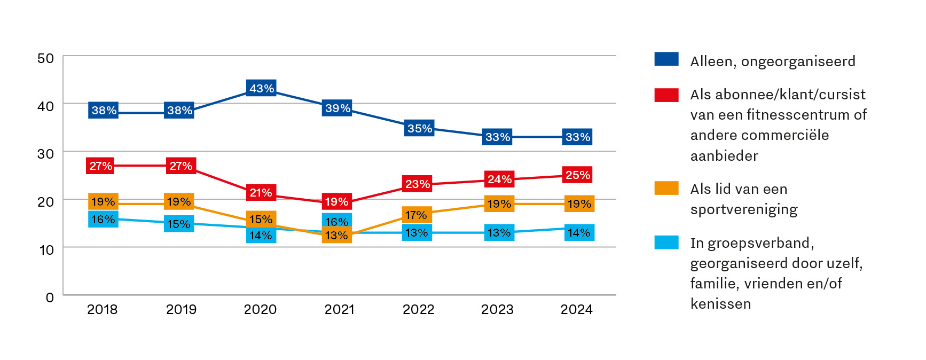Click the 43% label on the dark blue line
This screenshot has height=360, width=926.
click(261, 88)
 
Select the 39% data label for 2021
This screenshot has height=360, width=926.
click(338, 108)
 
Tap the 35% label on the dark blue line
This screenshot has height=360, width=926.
click(419, 128)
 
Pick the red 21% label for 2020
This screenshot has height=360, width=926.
click(261, 192)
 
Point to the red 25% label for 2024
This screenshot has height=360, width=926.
click(578, 175)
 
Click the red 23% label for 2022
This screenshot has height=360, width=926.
click(417, 184)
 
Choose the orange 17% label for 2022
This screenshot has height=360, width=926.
click(417, 215)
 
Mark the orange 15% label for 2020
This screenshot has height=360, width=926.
click(261, 219)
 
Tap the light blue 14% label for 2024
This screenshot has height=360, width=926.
click(579, 232)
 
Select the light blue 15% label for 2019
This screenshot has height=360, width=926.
click(179, 224)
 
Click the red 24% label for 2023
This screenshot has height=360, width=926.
click(499, 179)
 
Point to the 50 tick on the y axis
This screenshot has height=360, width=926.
click(46, 58)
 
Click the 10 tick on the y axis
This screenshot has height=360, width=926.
click(46, 249)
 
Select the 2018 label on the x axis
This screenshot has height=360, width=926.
click(102, 309)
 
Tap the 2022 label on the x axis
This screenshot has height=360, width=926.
click(418, 309)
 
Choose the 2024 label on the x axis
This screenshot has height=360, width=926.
click(576, 309)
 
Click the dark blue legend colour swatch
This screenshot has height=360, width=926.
click(666, 59)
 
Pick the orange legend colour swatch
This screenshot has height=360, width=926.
click(666, 188)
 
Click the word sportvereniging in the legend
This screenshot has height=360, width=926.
click(744, 209)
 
